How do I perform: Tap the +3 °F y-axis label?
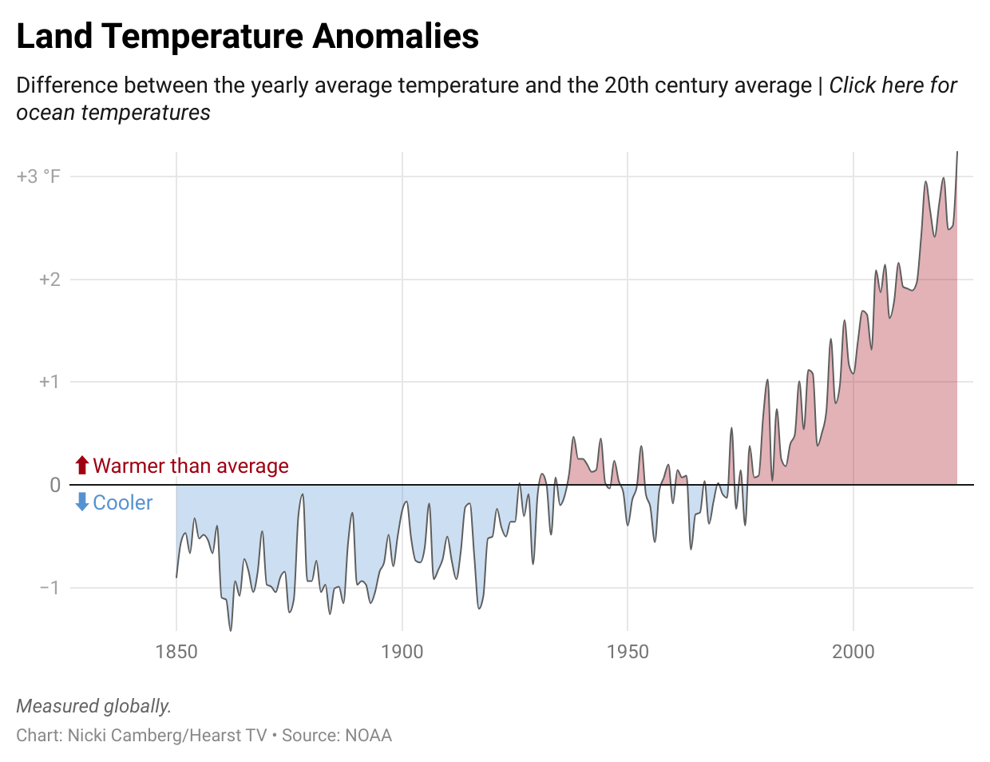click(x=38, y=177)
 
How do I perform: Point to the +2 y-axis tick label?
click(x=49, y=280)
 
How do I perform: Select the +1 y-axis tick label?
click(x=49, y=382)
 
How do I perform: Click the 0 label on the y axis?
click(x=55, y=485)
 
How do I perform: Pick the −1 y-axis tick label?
click(x=49, y=588)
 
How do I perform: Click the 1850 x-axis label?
click(x=176, y=652)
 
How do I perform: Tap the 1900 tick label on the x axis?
click(x=402, y=652)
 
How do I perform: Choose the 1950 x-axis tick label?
click(x=628, y=652)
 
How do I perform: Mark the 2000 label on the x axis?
click(x=853, y=652)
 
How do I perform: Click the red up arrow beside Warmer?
click(x=81, y=466)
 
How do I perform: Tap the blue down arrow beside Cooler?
click(x=81, y=502)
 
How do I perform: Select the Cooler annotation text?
click(x=123, y=502)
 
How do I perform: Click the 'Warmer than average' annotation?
click(x=191, y=466)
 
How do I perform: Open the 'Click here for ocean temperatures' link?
click(x=893, y=85)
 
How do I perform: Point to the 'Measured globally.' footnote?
click(x=94, y=706)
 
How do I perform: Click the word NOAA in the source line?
click(x=369, y=736)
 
